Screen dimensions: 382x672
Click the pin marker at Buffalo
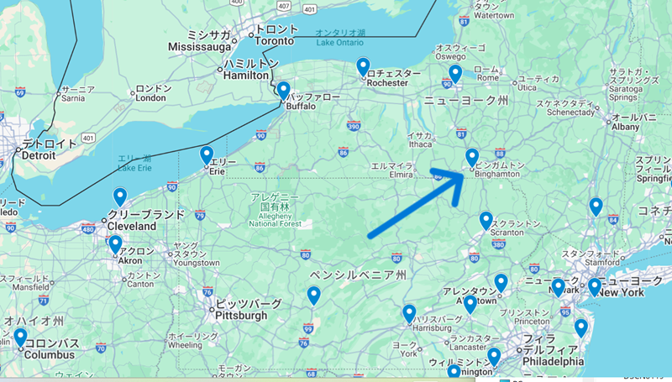tap(284, 90)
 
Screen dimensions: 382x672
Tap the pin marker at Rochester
tap(363, 66)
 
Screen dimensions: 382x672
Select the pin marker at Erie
tap(207, 155)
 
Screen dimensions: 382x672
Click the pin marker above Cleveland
tap(120, 197)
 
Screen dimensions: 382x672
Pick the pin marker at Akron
tap(115, 244)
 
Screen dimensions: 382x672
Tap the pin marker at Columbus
tap(20, 338)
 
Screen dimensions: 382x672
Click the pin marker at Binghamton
tap(472, 157)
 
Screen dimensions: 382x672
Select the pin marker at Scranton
tap(486, 221)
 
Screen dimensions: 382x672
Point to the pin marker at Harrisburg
tap(409, 313)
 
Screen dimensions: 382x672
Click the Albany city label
tap(624, 127)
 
